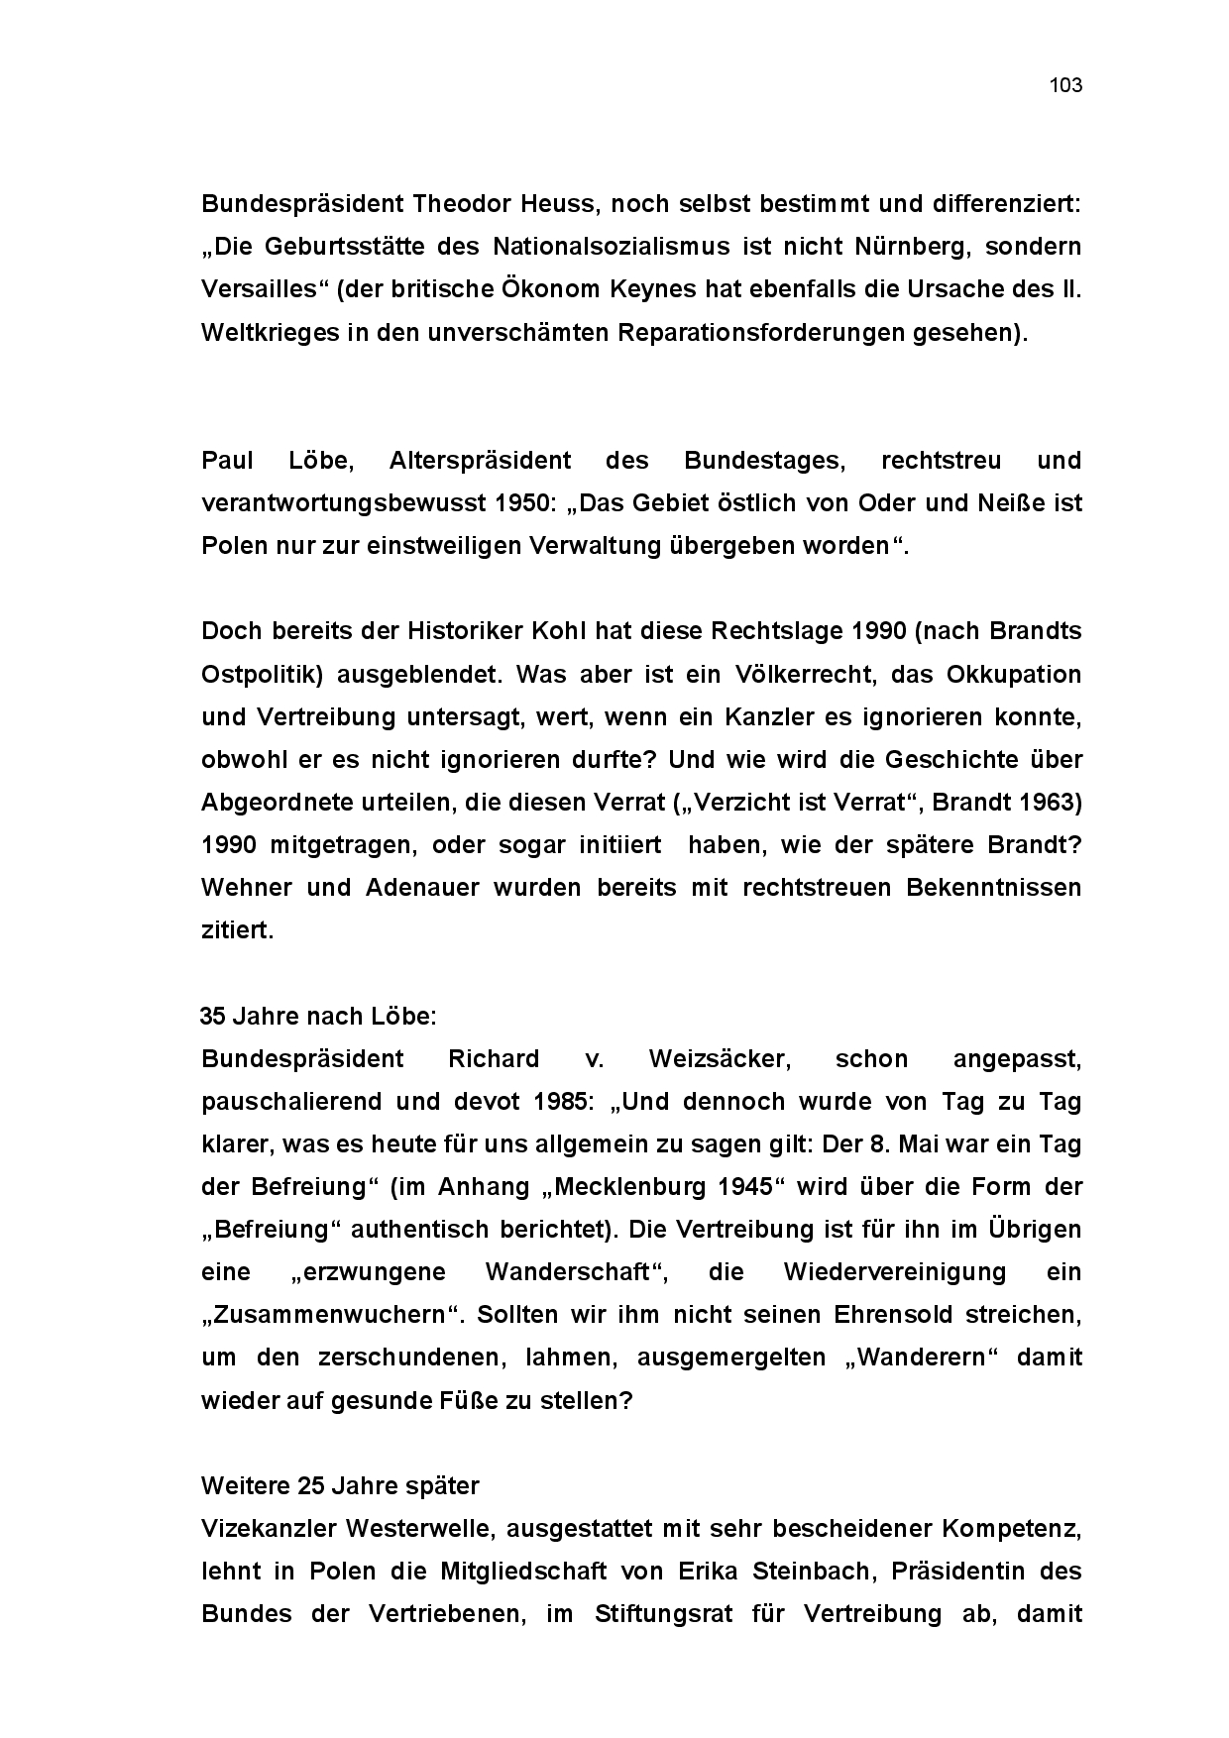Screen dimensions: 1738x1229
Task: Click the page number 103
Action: (1065, 85)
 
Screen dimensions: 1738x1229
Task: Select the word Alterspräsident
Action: (480, 461)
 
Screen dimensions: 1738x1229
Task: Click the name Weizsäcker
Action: (720, 1059)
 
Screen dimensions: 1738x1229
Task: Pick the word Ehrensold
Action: (893, 1315)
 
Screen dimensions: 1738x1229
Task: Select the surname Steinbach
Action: (783, 1572)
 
